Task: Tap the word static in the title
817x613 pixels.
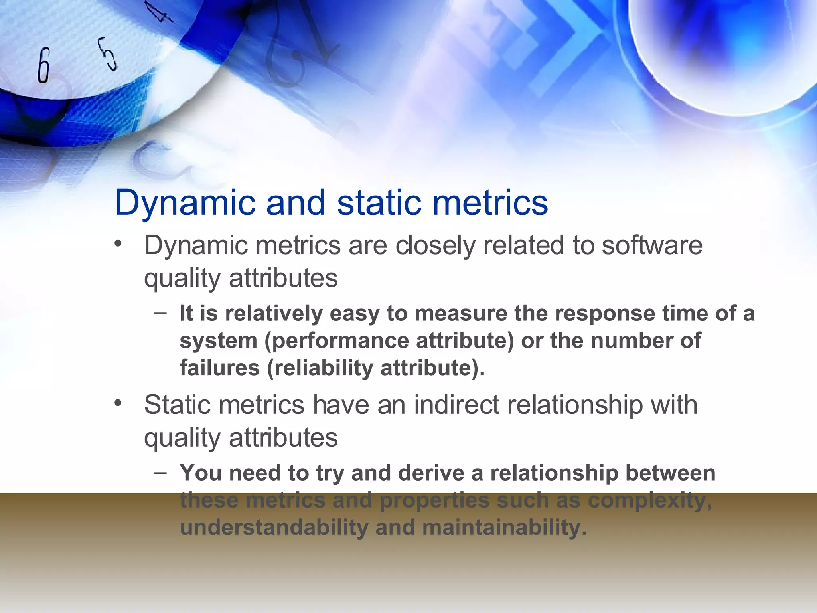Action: point(379,203)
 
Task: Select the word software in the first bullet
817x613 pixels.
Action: point(652,245)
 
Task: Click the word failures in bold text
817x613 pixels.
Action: point(219,367)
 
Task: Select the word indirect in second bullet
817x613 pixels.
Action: point(456,405)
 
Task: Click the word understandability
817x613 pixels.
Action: point(274,527)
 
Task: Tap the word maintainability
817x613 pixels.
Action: point(504,527)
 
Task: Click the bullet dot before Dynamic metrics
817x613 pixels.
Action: point(117,244)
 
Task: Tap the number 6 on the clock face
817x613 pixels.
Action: point(44,65)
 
